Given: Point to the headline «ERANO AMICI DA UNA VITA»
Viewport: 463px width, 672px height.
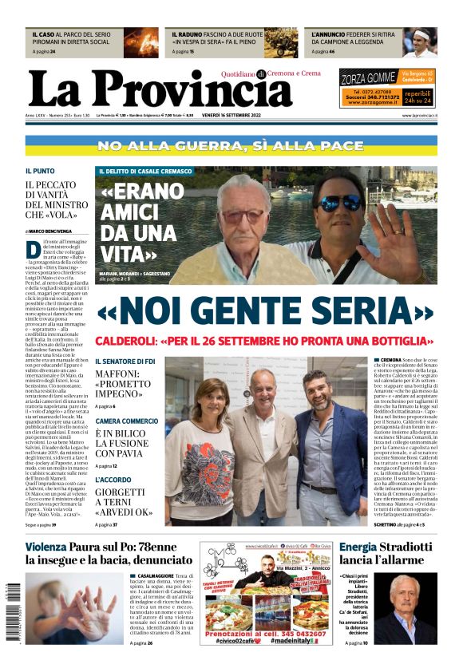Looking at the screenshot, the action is coord(140,222).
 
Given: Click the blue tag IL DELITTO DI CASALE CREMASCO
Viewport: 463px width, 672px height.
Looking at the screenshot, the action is coord(145,172).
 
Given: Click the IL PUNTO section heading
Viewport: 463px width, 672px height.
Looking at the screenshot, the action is coord(39,171).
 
